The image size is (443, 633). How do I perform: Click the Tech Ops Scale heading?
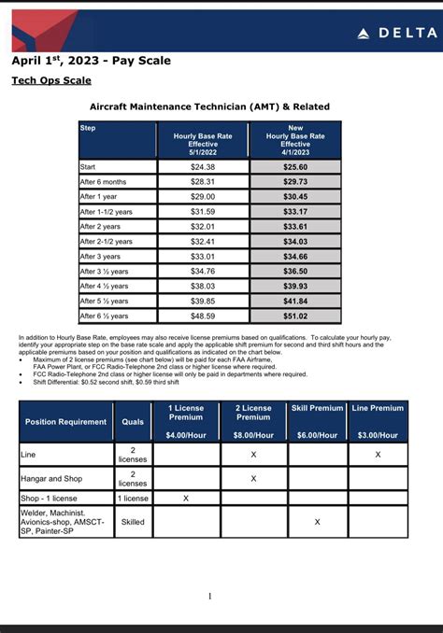pos(50,81)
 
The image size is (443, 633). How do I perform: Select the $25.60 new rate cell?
pos(295,167)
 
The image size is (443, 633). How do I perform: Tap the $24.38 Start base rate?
pos(203,167)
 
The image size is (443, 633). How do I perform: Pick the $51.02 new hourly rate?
pos(295,316)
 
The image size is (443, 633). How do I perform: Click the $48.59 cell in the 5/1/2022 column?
pos(203,316)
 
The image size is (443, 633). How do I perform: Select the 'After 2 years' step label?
pos(100,227)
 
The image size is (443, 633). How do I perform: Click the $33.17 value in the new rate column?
pos(295,212)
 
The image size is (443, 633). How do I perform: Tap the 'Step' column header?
pos(88,128)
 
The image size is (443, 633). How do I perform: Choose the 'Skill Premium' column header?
pos(317,408)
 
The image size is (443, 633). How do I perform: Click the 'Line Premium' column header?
pos(378,408)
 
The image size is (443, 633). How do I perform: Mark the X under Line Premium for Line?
pos(378,454)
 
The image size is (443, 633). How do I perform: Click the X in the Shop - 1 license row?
pos(186,499)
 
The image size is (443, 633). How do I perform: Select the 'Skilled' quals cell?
pos(133,522)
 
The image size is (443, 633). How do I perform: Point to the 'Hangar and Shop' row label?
pos(51,478)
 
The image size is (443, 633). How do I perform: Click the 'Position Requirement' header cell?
pos(65,422)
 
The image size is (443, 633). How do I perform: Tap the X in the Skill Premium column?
pos(317,522)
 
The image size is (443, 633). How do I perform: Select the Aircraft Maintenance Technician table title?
pos(209,106)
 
